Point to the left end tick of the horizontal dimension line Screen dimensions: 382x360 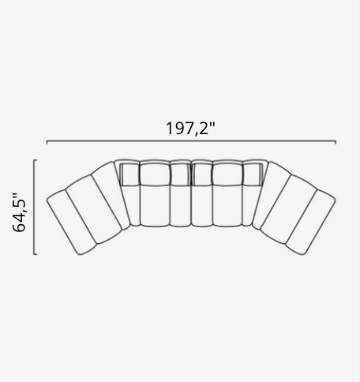(x=47, y=142)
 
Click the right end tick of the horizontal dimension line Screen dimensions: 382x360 (x=335, y=142)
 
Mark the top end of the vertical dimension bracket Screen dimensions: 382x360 (x=36, y=161)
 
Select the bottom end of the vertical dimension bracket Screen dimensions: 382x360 (x=36, y=254)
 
